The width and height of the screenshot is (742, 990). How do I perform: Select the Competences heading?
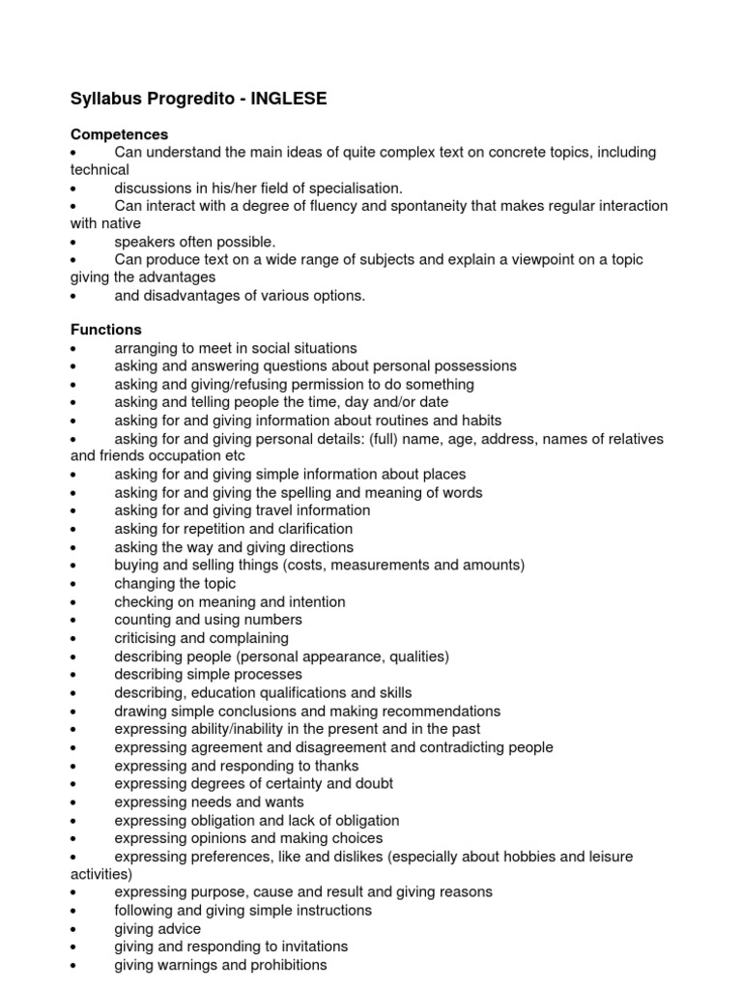[120, 134]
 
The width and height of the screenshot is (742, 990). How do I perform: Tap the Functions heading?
[106, 330]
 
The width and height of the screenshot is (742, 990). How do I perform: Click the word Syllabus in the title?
[105, 99]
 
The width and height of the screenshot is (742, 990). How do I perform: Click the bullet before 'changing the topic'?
[74, 585]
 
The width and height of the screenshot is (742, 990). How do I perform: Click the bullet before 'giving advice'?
[74, 929]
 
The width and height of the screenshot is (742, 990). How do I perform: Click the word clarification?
[308, 529]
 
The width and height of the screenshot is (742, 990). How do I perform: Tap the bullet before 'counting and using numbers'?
[74, 621]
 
